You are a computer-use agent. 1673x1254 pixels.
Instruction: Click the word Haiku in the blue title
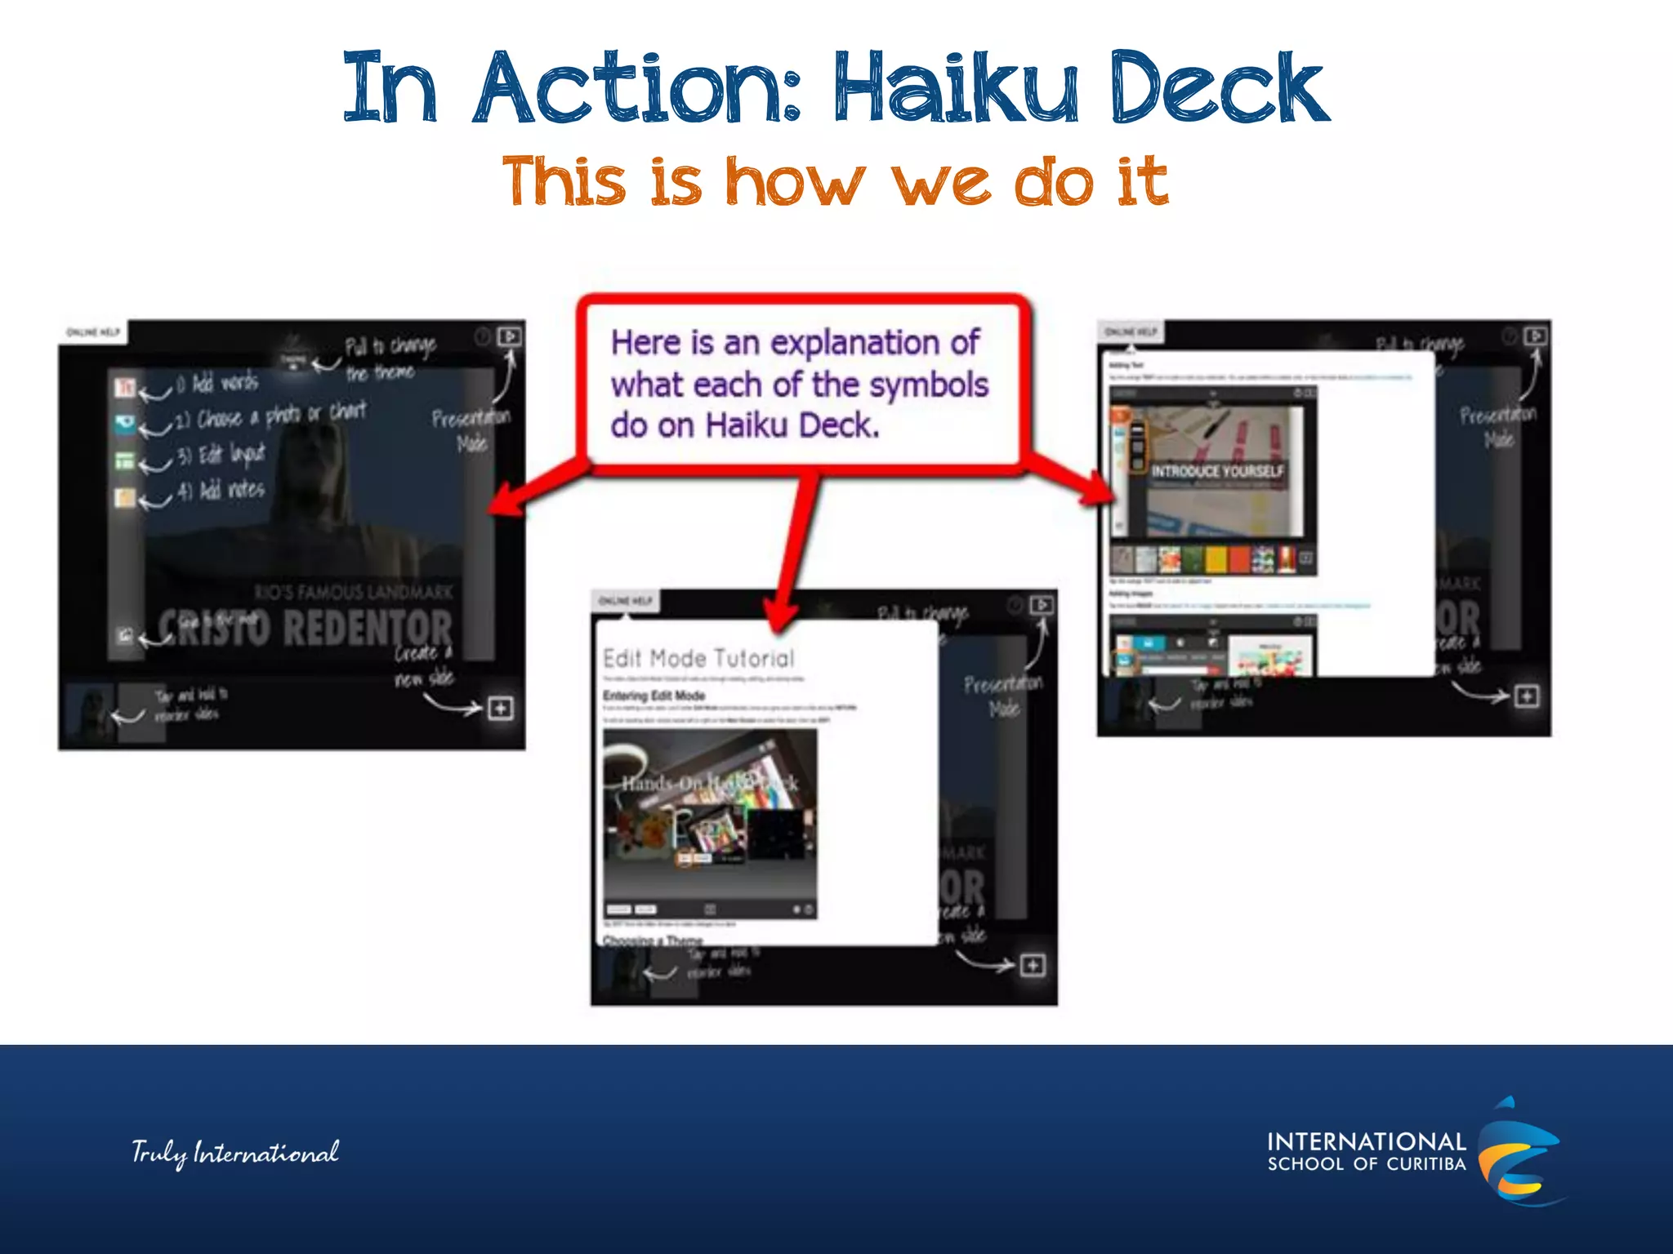[956, 88]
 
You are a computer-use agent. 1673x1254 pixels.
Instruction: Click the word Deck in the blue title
[1219, 88]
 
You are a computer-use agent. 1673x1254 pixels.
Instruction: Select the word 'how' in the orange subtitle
[795, 181]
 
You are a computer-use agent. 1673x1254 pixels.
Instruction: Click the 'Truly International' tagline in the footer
[235, 1153]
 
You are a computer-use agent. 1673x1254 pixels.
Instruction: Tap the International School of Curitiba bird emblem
[1519, 1151]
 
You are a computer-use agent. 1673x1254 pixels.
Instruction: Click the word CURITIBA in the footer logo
[1425, 1164]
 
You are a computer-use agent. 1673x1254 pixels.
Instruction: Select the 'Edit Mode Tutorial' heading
[698, 658]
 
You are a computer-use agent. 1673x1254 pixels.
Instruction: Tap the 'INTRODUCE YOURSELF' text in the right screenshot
[1217, 471]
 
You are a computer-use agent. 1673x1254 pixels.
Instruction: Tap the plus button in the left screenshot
[501, 708]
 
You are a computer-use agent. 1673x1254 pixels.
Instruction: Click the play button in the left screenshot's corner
[510, 336]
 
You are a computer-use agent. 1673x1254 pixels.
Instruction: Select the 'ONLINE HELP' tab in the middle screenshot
[626, 601]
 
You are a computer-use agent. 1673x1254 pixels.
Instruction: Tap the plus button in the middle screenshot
[1033, 966]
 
